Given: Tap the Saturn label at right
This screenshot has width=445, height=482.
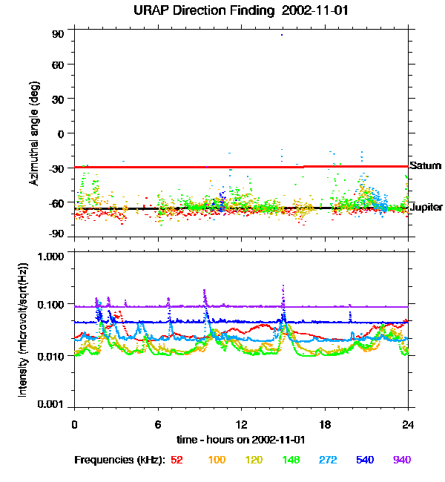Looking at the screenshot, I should [x=425, y=166].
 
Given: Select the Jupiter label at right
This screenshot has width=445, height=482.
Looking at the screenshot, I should [x=426, y=208].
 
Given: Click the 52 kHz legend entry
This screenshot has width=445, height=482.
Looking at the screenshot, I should [x=177, y=460].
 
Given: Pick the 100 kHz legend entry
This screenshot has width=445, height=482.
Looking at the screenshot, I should [x=217, y=460].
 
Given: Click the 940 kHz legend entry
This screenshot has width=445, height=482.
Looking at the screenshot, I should [x=402, y=460].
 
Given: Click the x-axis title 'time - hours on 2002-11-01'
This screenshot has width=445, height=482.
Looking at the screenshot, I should [x=242, y=439].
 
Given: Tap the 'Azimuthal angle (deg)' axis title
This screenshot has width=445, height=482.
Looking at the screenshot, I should [x=33, y=134].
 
